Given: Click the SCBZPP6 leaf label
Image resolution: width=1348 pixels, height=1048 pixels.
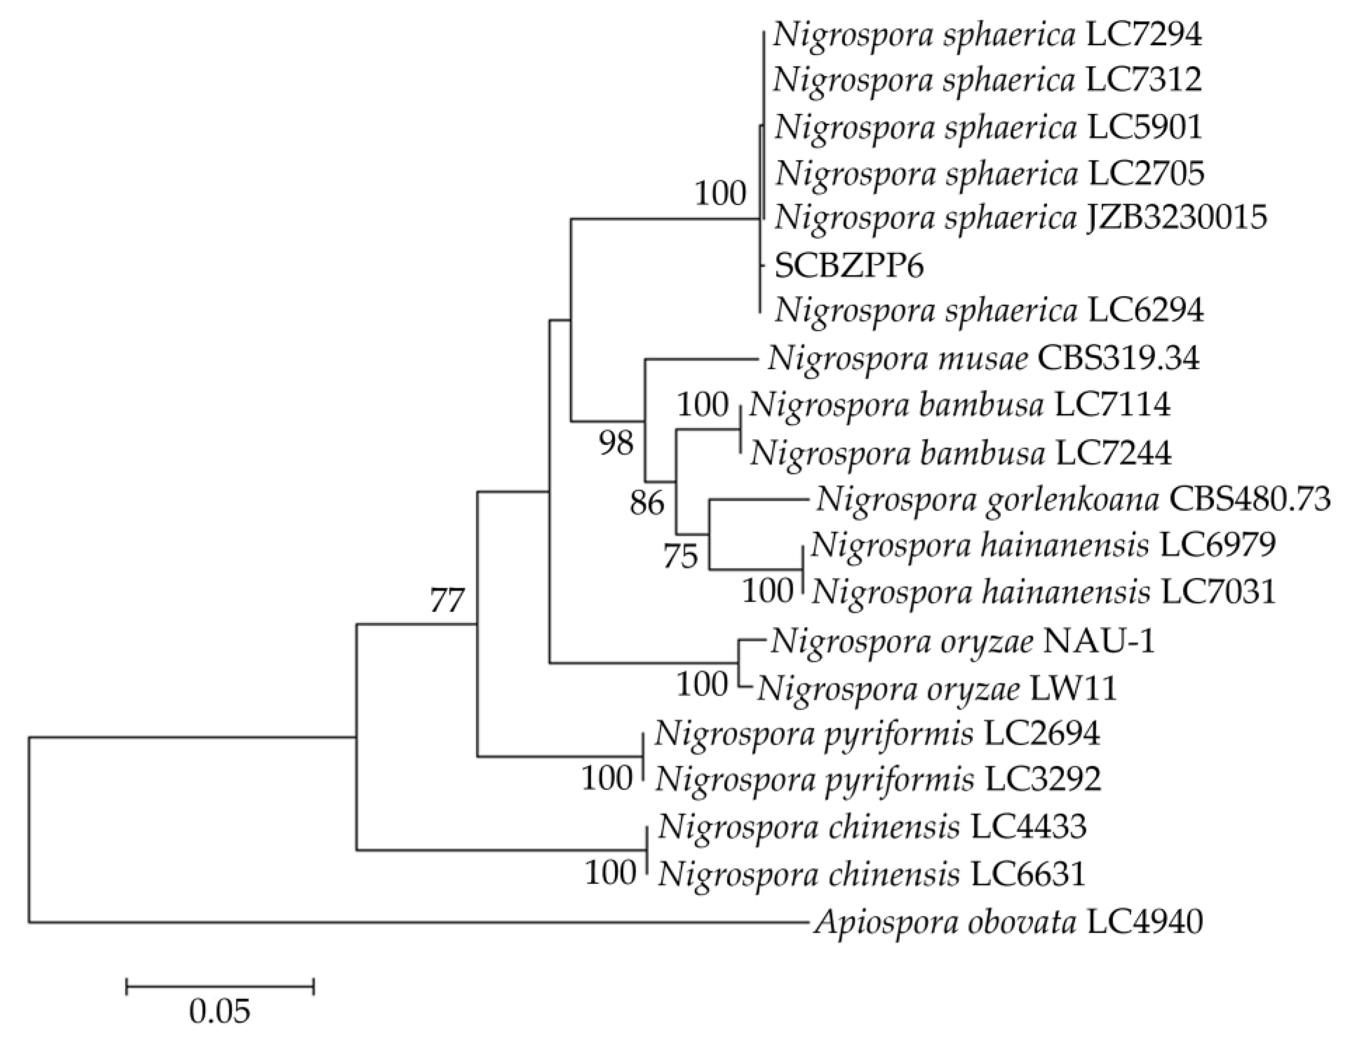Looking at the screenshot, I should click(x=849, y=267).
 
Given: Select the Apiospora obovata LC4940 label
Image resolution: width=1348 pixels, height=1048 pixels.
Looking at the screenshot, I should click(x=1008, y=923).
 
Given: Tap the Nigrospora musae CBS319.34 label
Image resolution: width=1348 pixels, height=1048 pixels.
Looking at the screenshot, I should click(x=984, y=358).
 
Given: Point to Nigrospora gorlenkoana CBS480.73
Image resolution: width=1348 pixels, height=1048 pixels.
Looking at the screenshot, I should click(x=1073, y=499).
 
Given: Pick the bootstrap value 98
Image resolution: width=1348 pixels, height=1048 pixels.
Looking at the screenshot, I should click(x=616, y=443).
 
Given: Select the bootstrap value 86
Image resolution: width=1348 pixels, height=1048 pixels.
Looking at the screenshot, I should click(x=647, y=504).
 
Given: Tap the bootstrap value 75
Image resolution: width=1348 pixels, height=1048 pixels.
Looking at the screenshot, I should click(x=680, y=557).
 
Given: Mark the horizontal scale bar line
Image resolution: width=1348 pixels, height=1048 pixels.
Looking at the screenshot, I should click(x=220, y=987).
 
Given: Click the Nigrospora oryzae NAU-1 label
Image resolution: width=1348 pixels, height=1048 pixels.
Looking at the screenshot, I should click(x=962, y=642).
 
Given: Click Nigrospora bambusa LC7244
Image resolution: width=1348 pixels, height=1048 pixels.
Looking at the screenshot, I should click(x=960, y=454).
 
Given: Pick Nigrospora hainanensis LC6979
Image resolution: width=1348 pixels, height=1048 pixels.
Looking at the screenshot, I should click(x=1043, y=545).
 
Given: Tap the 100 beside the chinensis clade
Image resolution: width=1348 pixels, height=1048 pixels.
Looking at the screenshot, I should click(x=610, y=873).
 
